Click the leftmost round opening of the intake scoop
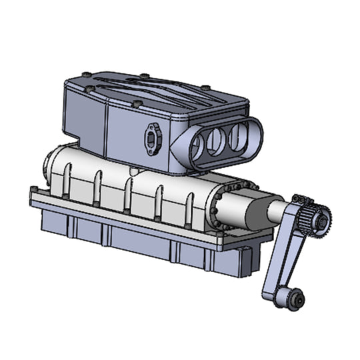click(x=198, y=148)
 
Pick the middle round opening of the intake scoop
click(x=216, y=141)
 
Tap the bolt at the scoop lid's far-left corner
click(x=85, y=75)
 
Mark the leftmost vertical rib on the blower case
click(x=67, y=180)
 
